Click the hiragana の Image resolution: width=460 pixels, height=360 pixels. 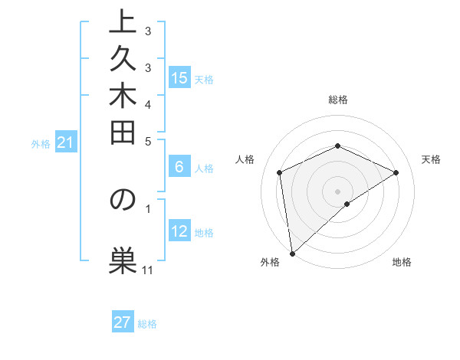pos(122,199)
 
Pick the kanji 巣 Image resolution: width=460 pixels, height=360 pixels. pos(122,259)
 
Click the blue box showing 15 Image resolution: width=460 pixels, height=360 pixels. pos(179,77)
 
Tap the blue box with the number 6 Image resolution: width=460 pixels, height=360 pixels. pos(179,168)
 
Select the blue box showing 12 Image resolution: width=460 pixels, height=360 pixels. pos(179,232)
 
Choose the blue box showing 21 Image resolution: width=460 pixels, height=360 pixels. pos(65,142)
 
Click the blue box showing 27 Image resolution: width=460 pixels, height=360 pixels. pos(123,322)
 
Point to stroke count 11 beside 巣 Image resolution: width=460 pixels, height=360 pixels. pos(148,270)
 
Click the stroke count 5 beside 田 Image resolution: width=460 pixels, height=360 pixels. pos(148,140)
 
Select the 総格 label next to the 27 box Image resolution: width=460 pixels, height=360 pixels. pos(148,324)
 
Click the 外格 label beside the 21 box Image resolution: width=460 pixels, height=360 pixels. pos(41,143)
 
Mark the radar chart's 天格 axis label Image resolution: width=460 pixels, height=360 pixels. pos(431,159)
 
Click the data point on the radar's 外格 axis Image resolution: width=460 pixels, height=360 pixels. pos(292,253)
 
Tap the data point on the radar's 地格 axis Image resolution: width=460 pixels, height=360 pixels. pos(347,204)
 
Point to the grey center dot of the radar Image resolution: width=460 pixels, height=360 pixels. pos(337,191)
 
